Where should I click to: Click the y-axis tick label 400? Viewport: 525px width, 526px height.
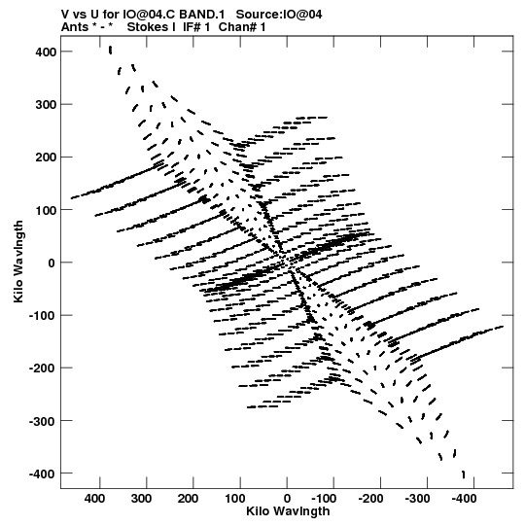click(x=46, y=52)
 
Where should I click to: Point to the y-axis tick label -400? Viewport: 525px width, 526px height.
click(x=42, y=473)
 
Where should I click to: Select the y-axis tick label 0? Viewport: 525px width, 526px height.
click(x=52, y=263)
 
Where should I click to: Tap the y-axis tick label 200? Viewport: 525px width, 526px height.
click(x=46, y=158)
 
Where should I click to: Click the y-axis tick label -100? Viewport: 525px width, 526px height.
click(x=42, y=316)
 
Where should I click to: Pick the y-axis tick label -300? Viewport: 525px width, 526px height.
click(x=42, y=421)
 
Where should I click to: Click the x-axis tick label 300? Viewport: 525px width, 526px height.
click(x=141, y=499)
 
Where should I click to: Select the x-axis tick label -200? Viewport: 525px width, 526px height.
click(x=370, y=499)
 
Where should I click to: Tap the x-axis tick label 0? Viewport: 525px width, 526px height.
click(x=287, y=499)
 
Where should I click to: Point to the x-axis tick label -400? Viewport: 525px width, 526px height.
click(x=464, y=499)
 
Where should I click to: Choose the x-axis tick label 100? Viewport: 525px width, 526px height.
click(x=234, y=499)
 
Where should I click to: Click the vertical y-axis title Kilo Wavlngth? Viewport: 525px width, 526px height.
click(x=18, y=262)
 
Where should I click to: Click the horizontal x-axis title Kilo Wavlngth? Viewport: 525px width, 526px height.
click(x=288, y=511)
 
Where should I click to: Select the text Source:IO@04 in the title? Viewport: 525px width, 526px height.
click(x=279, y=15)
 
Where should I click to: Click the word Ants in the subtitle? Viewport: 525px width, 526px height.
click(x=75, y=27)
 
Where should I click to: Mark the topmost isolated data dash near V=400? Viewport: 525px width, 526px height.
click(x=111, y=50)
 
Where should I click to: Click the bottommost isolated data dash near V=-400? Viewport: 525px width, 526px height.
click(x=464, y=474)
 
